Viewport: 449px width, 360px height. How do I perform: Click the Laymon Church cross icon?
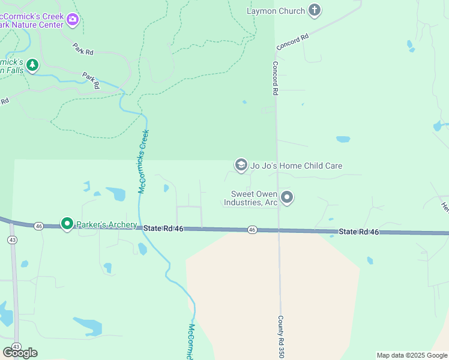[x=315, y=10]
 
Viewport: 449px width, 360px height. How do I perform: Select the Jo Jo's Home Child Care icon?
[x=241, y=165]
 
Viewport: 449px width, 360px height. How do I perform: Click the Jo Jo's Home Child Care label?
[x=296, y=166]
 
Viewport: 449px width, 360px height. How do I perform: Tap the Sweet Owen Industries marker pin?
[x=288, y=197]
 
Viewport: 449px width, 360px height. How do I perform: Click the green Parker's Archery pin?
[x=67, y=224]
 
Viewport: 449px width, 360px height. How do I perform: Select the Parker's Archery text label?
[x=106, y=225]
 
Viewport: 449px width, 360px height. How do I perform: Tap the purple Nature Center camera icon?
[x=73, y=20]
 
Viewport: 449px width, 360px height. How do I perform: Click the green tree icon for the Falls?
[x=32, y=64]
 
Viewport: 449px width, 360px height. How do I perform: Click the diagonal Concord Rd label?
[x=292, y=41]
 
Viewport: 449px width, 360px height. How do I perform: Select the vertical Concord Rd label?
[x=276, y=79]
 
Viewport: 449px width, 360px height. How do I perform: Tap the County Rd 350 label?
[x=280, y=337]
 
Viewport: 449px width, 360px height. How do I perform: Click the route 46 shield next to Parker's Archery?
[x=39, y=226]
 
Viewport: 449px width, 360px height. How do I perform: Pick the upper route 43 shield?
[x=12, y=239]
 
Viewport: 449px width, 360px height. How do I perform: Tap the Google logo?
[x=20, y=352]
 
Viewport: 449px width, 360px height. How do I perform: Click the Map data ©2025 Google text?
[x=412, y=355]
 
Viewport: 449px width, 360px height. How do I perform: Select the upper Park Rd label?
[x=83, y=49]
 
